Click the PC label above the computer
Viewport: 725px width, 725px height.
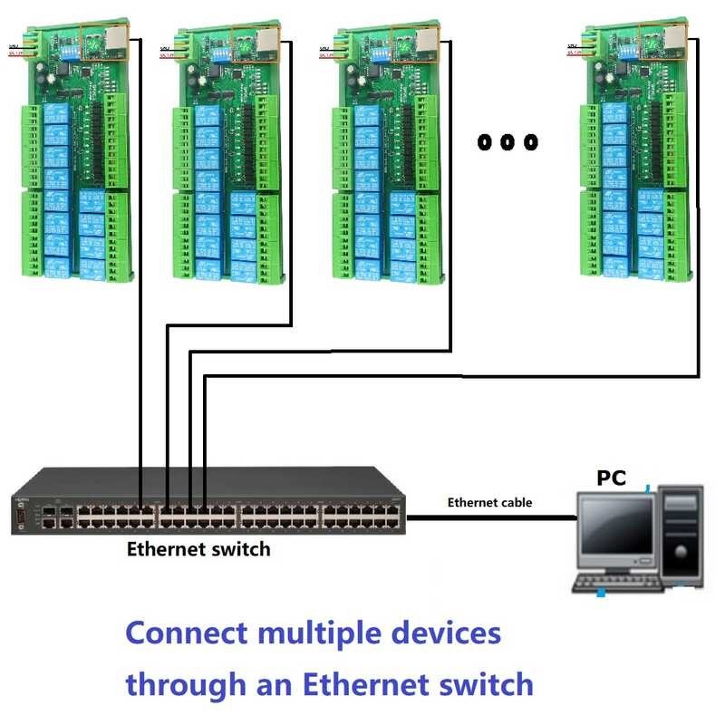[x=611, y=478]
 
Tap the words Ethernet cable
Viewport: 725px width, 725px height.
[x=489, y=502]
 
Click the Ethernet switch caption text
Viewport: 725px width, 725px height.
[x=198, y=548]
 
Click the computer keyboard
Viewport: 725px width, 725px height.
[x=625, y=585]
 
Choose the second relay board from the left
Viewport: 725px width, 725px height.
[x=227, y=154]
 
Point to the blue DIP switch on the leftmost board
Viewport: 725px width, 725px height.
[x=41, y=53]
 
